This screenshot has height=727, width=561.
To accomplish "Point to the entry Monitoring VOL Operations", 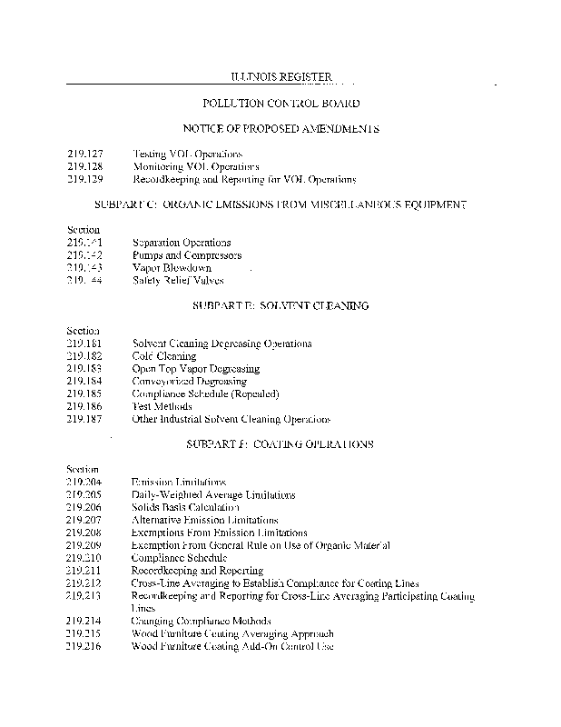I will pyautogui.click(x=195, y=167).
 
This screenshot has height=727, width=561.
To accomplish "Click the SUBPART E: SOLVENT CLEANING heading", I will pyautogui.click(x=280, y=306).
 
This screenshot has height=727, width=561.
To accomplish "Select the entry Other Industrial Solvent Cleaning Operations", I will pyautogui.click(x=231, y=420).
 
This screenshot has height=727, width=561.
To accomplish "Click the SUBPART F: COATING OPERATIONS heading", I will pyautogui.click(x=280, y=444).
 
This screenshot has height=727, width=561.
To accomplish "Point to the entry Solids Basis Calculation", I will pyautogui.click(x=185, y=507).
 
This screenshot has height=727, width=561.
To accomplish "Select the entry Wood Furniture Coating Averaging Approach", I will pyautogui.click(x=232, y=633).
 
